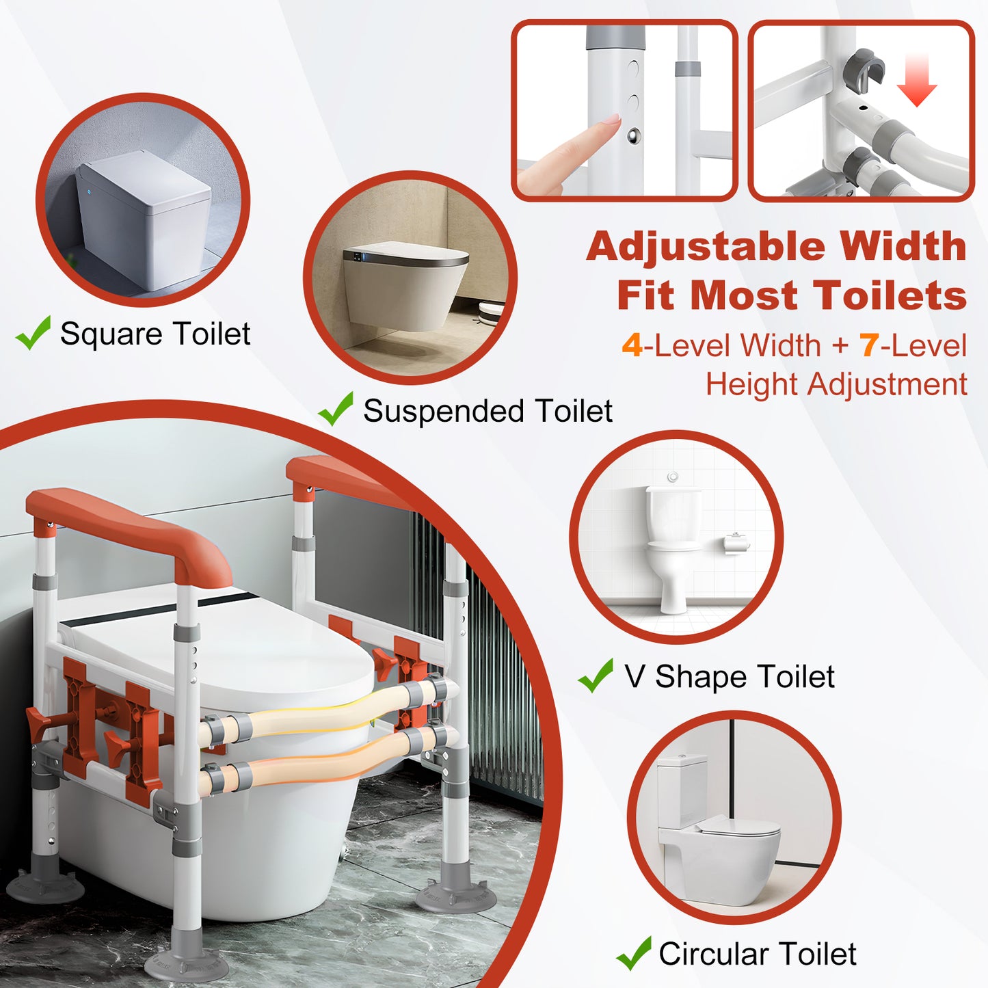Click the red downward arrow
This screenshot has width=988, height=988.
[917, 83]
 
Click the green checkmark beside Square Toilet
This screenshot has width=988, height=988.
[33, 333]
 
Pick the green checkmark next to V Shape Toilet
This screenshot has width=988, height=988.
[596, 676]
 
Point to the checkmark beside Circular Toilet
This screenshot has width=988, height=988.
[633, 953]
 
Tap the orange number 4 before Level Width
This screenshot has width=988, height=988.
[632, 345]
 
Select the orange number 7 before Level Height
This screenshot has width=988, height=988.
[869, 345]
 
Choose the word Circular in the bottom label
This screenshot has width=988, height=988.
[713, 954]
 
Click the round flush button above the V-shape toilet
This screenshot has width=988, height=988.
[673, 476]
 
